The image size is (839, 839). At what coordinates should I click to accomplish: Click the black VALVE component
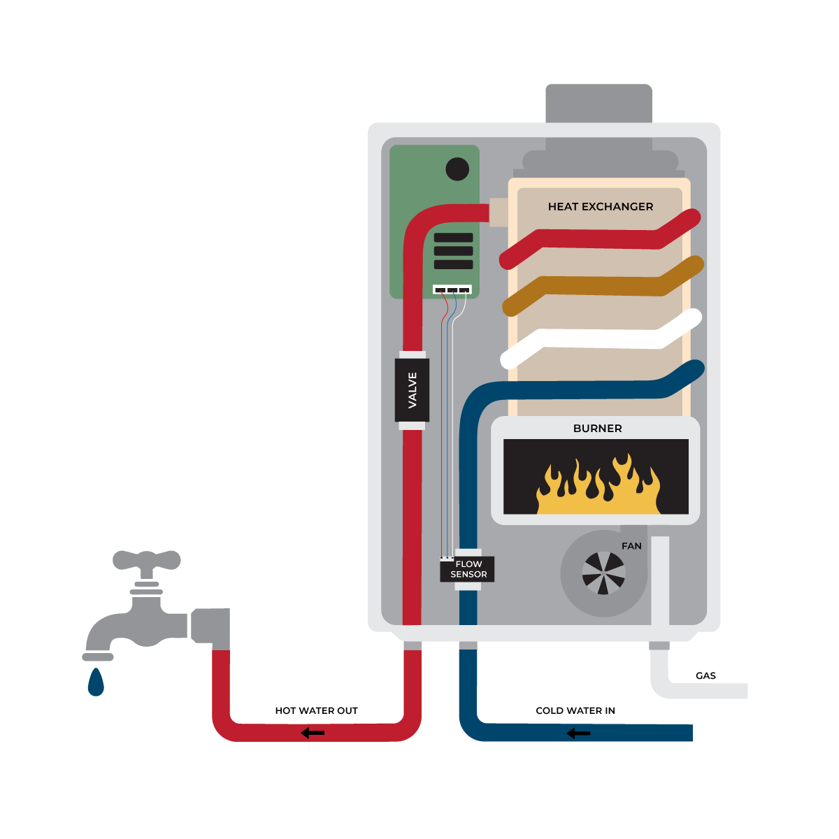click(412, 390)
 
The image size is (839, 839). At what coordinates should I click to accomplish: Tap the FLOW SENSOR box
click(468, 569)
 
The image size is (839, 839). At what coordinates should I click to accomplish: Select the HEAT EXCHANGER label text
click(600, 206)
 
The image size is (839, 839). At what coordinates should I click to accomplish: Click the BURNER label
click(597, 428)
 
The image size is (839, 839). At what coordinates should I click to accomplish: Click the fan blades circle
click(604, 573)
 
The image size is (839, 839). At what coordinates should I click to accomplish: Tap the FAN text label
click(631, 546)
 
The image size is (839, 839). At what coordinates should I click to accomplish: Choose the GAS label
click(705, 675)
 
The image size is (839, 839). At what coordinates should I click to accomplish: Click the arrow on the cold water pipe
click(578, 733)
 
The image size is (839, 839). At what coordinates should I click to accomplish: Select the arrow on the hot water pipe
click(313, 733)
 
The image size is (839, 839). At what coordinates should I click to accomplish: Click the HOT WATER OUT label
click(316, 710)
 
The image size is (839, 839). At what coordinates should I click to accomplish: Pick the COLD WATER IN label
click(575, 710)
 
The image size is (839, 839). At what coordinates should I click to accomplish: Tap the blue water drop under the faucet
click(96, 683)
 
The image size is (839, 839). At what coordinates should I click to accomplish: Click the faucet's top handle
click(147, 559)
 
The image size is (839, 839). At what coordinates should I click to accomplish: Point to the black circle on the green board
click(457, 169)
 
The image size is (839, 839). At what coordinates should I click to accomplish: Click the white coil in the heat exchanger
click(601, 338)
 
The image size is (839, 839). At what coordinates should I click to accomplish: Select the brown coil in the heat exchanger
click(601, 285)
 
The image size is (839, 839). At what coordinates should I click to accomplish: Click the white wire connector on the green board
click(452, 289)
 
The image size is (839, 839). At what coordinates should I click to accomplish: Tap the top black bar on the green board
click(453, 238)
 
